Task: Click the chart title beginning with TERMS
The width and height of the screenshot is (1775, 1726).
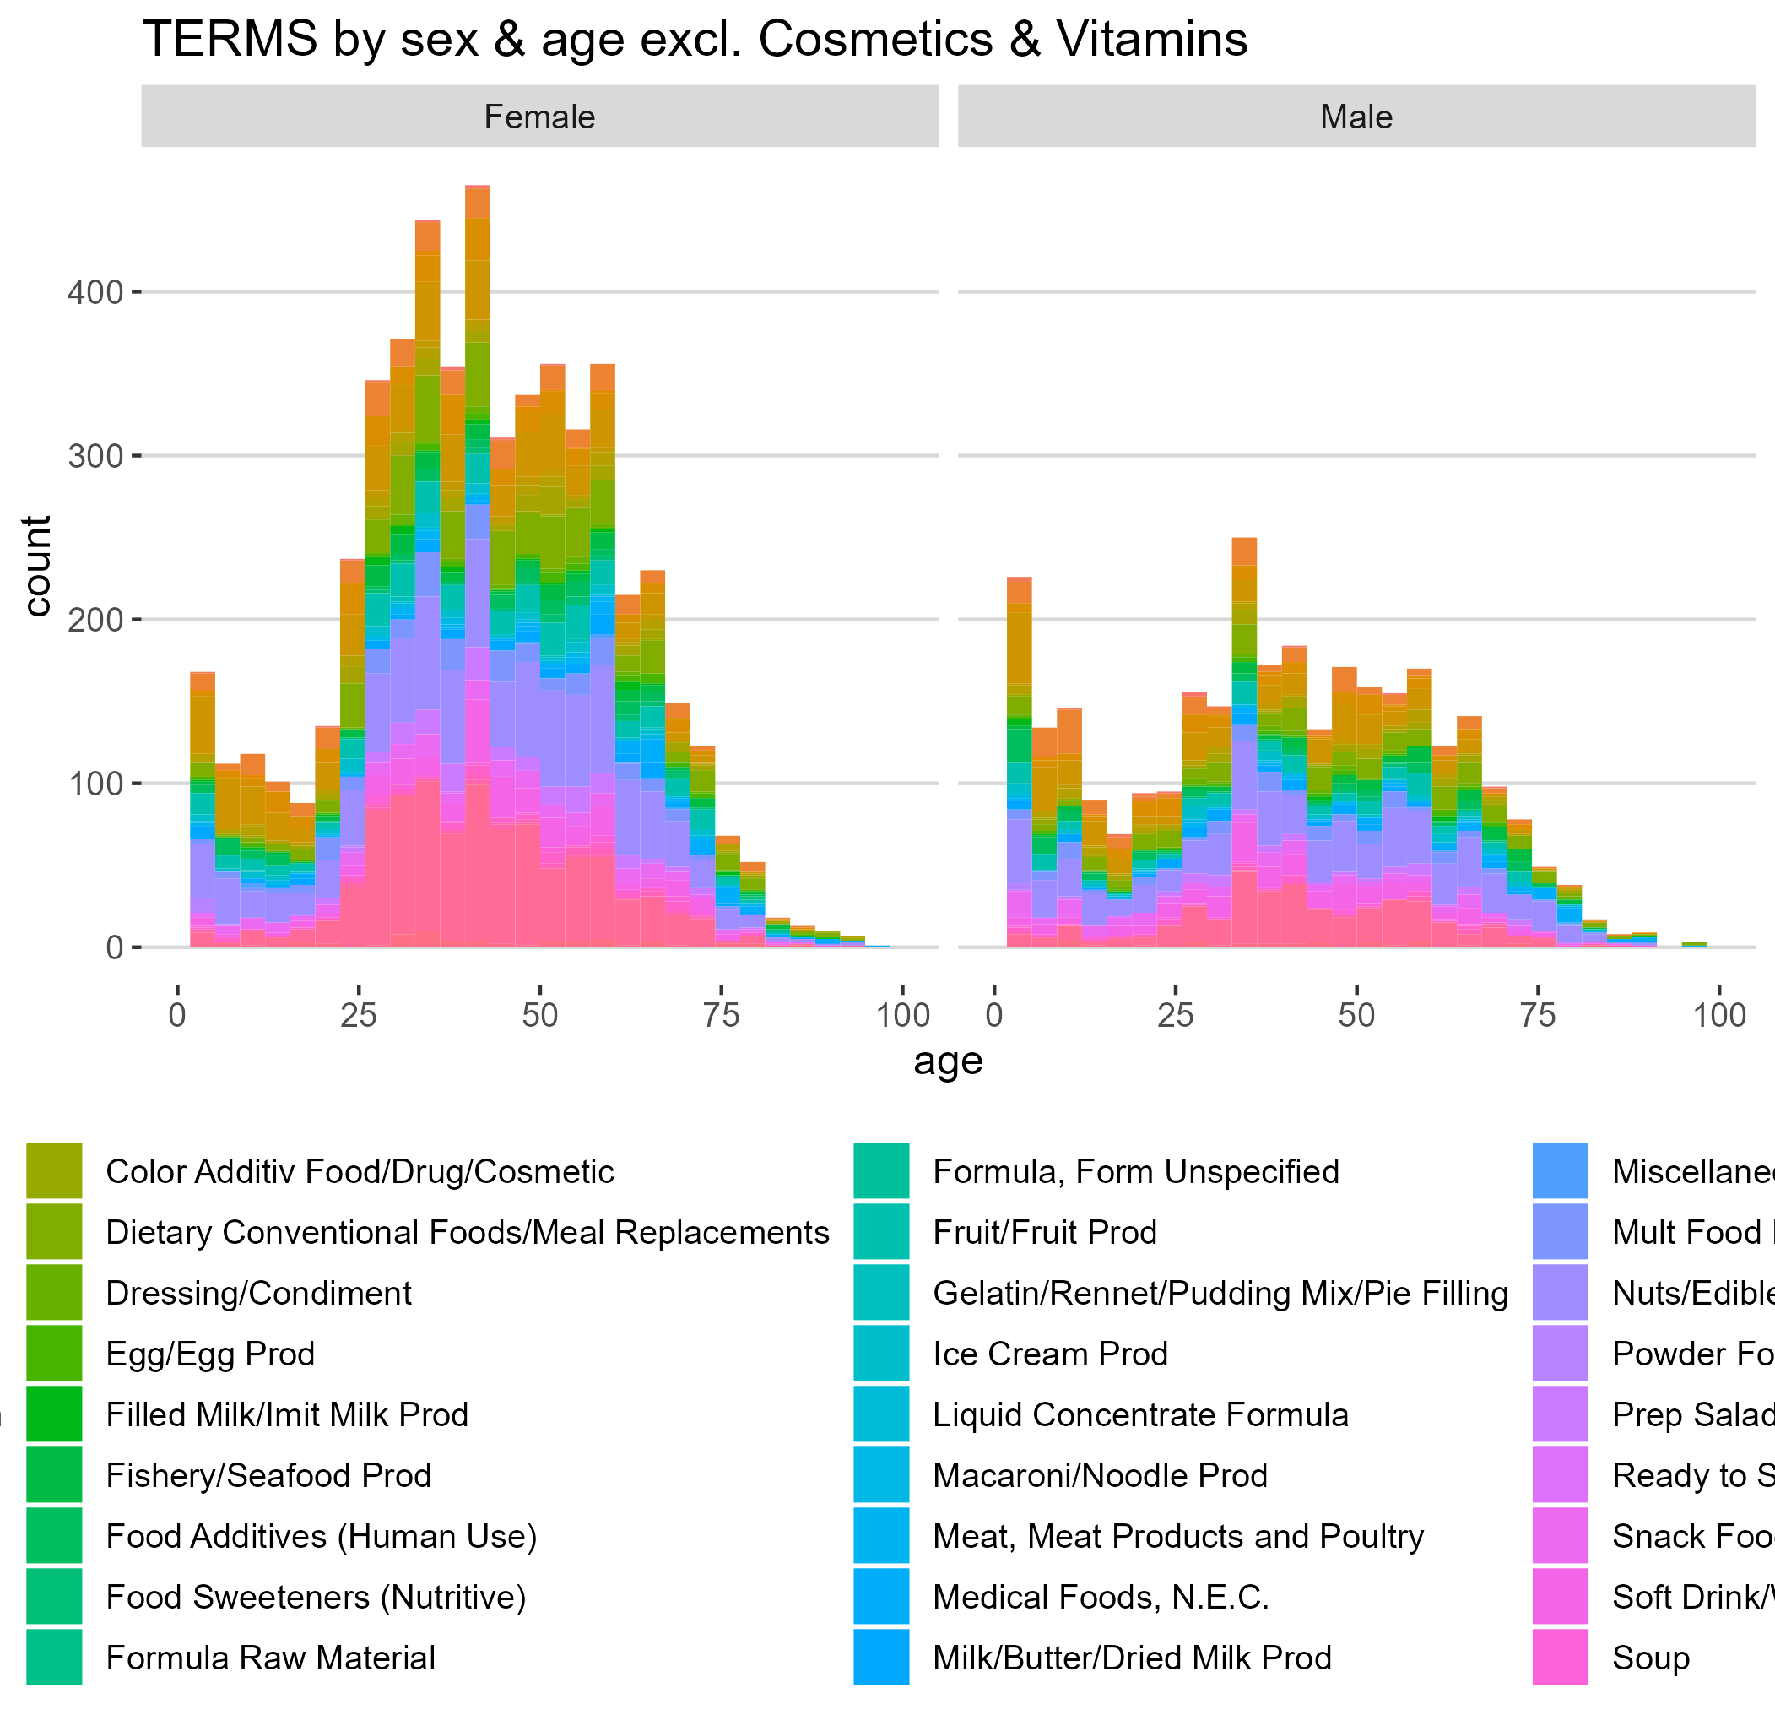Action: coord(695,40)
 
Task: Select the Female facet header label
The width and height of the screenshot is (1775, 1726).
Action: coord(539,117)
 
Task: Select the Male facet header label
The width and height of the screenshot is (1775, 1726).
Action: coord(1356,117)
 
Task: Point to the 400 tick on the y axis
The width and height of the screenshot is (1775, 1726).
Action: coord(95,293)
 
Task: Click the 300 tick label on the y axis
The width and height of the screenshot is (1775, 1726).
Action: coord(95,456)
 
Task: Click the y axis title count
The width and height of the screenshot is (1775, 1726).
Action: coord(37,566)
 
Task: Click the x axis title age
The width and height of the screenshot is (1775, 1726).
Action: coord(948,1060)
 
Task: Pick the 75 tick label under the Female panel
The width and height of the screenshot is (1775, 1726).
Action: coord(722,1014)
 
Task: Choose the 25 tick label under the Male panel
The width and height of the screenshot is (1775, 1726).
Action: coord(1175,1014)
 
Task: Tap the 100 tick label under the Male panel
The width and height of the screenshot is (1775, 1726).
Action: coord(1718,1014)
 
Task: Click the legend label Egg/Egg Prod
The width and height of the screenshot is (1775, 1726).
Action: coord(210,1354)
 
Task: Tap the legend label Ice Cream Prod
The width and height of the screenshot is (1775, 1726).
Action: coord(1050,1354)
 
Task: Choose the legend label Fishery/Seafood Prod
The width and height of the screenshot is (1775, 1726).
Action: coord(268,1475)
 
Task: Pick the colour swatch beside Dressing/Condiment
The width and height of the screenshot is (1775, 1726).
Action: coord(54,1293)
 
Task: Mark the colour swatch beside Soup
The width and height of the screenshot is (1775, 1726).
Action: coord(1561,1657)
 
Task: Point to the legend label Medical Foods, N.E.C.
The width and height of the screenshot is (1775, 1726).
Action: coord(1101,1596)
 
